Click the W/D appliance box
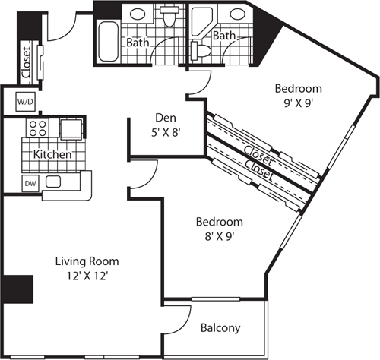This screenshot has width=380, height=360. pos(25,102)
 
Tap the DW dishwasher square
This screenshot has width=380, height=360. pos(30,183)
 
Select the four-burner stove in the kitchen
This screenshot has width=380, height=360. pos(38,128)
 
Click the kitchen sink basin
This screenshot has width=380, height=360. pos(53,182)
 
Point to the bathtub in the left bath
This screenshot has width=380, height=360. pos(109,42)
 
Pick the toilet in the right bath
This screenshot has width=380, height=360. pos(201,50)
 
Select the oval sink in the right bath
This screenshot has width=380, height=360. pos(239,14)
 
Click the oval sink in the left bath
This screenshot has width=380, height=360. pos(137,14)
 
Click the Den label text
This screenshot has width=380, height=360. pos(166,118)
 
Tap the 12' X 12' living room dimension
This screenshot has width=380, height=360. pos(86,276)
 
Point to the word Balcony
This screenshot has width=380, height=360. pos(220,328)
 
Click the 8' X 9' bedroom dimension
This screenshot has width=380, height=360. pos(219,237)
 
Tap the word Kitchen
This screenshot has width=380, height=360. pos(52,154)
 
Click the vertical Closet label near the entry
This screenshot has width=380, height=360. pos(26,62)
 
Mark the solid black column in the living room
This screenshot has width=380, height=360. pos(18,289)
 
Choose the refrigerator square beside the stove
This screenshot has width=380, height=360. pos(71,129)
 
